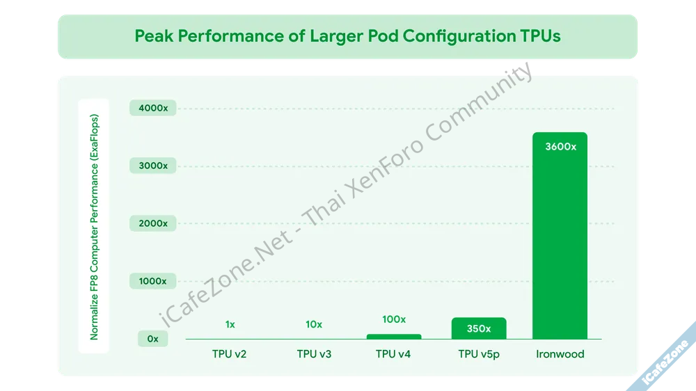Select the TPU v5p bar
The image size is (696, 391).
click(478, 328)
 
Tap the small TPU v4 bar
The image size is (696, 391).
click(394, 337)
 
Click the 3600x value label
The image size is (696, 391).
click(560, 147)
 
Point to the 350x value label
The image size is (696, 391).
click(478, 328)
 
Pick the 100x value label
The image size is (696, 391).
click(394, 319)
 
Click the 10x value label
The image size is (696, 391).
click(314, 324)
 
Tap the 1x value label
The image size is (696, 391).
click(230, 324)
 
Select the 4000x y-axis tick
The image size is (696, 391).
click(152, 109)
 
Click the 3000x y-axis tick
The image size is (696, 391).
click(152, 166)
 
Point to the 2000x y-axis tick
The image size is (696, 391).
click(152, 223)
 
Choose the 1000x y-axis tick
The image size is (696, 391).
click(152, 281)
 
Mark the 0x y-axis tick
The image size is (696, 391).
click(152, 339)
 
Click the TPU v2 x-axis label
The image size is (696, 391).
click(230, 354)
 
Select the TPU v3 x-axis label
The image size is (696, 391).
click(314, 354)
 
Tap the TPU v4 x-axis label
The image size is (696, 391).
click(393, 354)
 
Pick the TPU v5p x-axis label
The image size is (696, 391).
click(479, 354)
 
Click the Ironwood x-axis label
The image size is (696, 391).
click(560, 354)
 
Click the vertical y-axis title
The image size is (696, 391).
click(95, 227)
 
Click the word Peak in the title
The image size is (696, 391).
click(154, 36)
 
